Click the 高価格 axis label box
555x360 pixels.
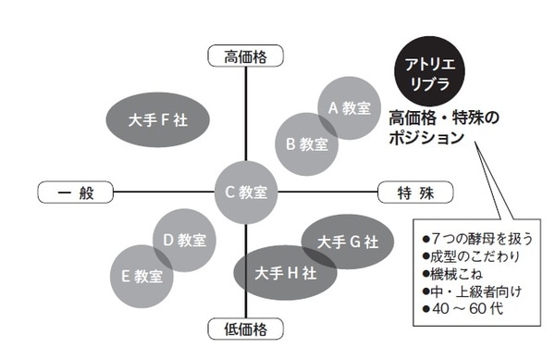245,56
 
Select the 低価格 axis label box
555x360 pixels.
246,329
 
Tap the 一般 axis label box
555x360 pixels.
73,192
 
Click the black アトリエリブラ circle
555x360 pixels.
428,71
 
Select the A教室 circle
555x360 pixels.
348,107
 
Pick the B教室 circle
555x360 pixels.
306,143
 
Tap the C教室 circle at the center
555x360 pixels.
246,192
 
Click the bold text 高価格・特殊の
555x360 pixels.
444,118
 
